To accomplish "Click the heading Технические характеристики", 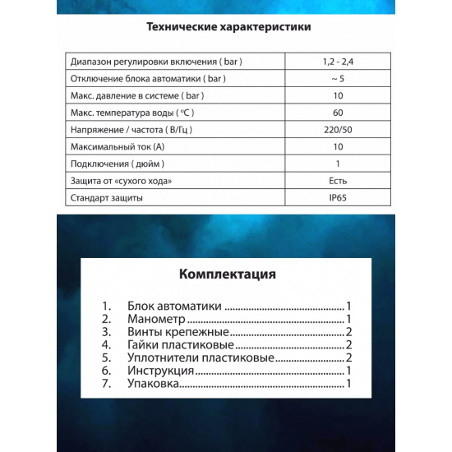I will pyautogui.click(x=228, y=26).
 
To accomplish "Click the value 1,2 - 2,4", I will pyautogui.click(x=338, y=62).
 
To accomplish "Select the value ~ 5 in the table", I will pyautogui.click(x=338, y=79).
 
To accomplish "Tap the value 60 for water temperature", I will pyautogui.click(x=338, y=113).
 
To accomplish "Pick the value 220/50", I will pyautogui.click(x=338, y=130).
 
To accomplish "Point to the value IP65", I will pyautogui.click(x=338, y=198).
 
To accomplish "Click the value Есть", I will pyautogui.click(x=338, y=181).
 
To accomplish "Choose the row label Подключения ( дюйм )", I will pyautogui.click(x=121, y=164).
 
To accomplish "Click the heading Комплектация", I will pyautogui.click(x=227, y=274).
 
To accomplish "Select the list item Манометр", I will pyautogui.click(x=157, y=319).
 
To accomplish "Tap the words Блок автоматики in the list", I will pyautogui.click(x=175, y=305).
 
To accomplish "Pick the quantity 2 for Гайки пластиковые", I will pyautogui.click(x=349, y=345).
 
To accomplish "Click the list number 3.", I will pyautogui.click(x=106, y=332).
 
